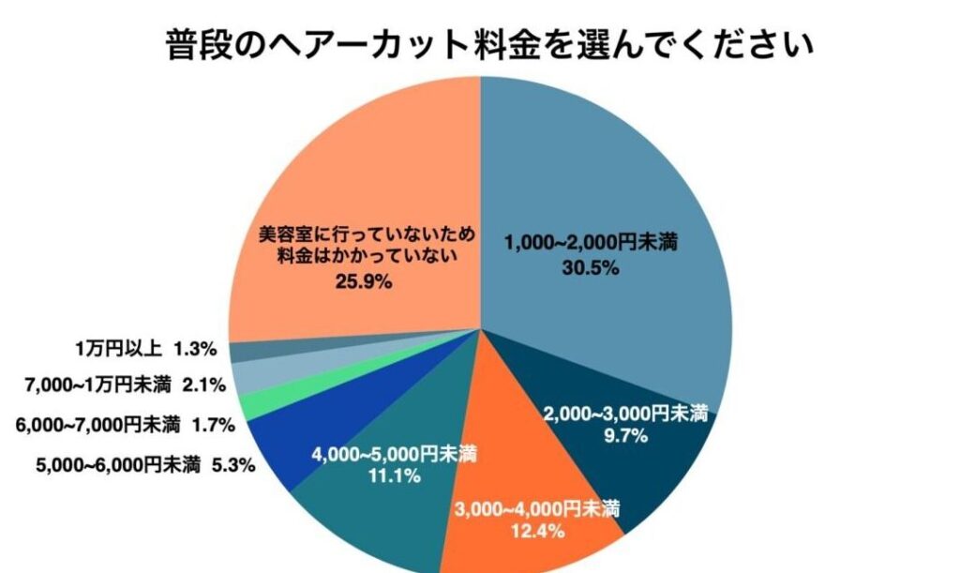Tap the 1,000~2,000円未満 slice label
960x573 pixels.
click(591, 243)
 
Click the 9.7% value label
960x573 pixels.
click(625, 436)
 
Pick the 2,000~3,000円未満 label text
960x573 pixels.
click(625, 415)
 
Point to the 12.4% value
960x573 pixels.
click(537, 533)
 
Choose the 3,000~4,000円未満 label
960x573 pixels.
click(537, 511)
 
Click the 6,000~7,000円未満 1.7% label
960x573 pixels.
click(125, 425)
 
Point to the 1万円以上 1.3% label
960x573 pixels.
click(146, 349)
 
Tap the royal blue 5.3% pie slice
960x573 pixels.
click(281, 441)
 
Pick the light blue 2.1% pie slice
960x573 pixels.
click(249, 377)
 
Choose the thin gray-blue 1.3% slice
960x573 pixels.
click(244, 352)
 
